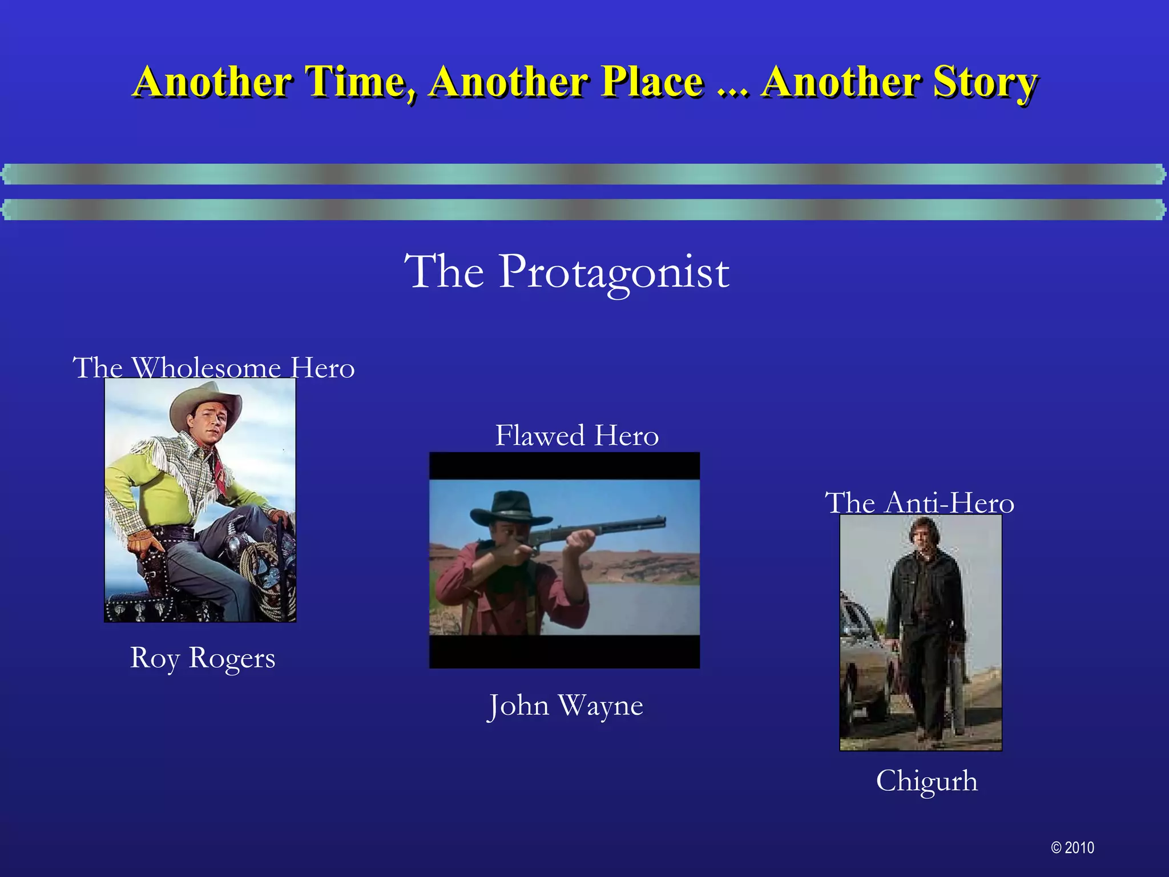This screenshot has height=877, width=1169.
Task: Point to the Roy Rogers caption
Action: (203, 657)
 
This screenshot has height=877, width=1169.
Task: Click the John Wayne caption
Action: (565, 705)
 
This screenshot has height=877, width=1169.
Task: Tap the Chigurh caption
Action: (926, 781)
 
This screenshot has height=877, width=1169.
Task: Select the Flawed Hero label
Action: (577, 436)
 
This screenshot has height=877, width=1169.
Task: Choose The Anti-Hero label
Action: (920, 503)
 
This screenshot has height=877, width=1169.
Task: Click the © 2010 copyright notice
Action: (1073, 847)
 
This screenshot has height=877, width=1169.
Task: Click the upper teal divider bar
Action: (584, 174)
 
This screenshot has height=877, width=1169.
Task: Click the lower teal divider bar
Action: (584, 210)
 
